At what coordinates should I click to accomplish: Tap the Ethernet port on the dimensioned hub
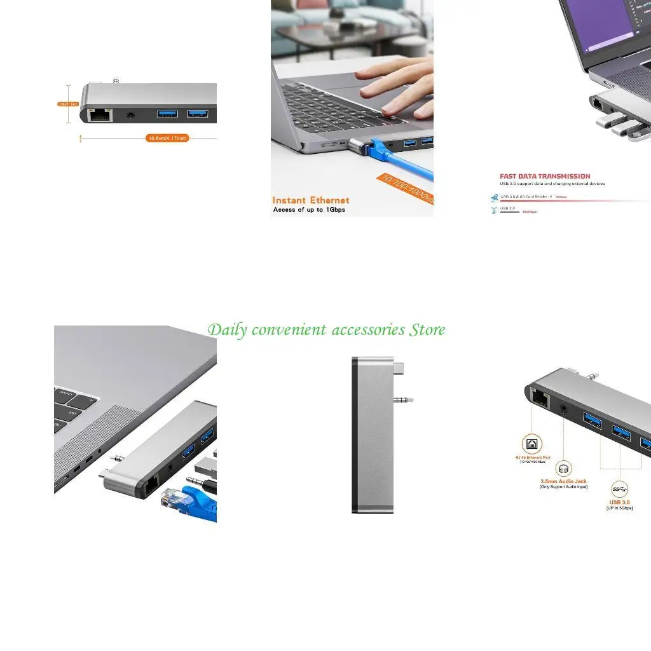(x=99, y=115)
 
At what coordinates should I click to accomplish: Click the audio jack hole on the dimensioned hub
(x=132, y=115)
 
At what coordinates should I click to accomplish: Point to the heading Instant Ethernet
(x=311, y=200)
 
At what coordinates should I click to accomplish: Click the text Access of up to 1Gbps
(x=309, y=210)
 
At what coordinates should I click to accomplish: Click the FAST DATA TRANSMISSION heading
(x=545, y=176)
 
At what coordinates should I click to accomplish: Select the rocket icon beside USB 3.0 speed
(x=494, y=198)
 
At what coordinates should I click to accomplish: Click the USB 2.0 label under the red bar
(x=508, y=208)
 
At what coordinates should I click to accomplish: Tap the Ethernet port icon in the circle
(x=531, y=444)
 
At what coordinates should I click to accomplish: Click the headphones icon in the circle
(x=563, y=470)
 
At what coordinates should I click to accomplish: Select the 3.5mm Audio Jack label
(x=563, y=481)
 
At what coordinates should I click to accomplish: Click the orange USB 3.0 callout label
(x=619, y=502)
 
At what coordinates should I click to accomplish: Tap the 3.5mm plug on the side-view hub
(x=403, y=401)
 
